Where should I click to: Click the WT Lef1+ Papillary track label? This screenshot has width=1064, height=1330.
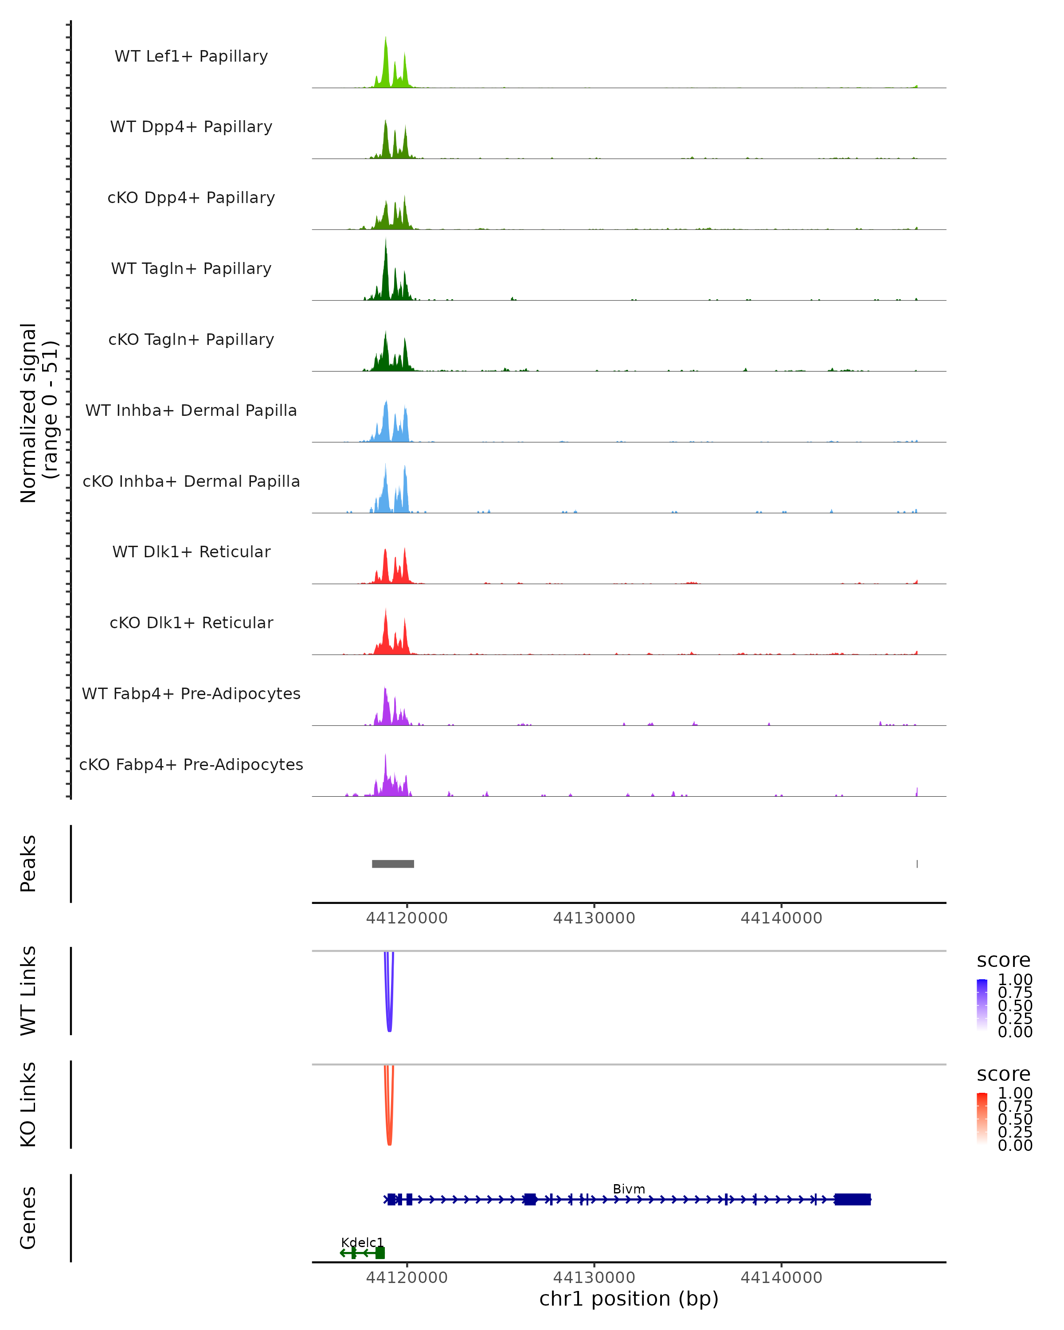click(x=191, y=56)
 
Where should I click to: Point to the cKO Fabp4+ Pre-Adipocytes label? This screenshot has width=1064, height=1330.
click(x=191, y=764)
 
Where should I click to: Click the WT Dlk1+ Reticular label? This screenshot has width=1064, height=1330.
click(x=191, y=552)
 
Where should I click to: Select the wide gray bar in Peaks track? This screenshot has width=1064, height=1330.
click(x=393, y=864)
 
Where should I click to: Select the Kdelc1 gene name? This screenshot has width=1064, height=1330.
click(x=362, y=1242)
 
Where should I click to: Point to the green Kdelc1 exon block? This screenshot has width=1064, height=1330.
click(x=380, y=1253)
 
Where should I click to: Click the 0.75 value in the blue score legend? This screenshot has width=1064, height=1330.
click(x=1015, y=993)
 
